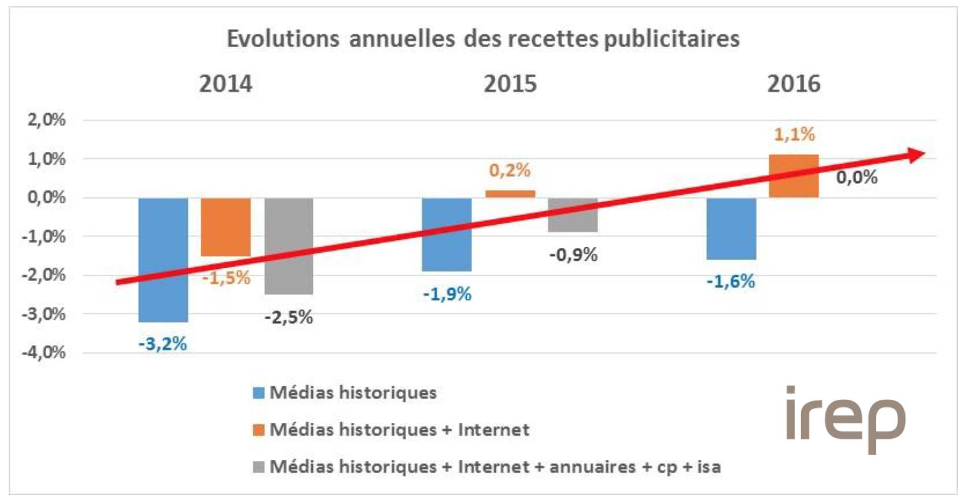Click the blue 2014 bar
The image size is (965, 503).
point(163,260)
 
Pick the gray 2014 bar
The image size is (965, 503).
point(289,246)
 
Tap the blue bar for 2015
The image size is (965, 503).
point(447,234)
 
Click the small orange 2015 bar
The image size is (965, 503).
point(510,194)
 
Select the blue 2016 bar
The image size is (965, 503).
point(731,229)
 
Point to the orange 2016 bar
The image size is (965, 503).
point(794,176)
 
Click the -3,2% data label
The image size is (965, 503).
point(163,344)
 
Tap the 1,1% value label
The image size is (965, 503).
point(794,135)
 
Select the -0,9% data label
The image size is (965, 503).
point(573,255)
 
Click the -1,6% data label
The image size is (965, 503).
point(731,281)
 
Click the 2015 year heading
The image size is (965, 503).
point(510,84)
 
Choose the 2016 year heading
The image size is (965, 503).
point(794,84)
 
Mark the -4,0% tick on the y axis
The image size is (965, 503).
point(44,353)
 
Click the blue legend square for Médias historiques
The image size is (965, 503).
point(259,393)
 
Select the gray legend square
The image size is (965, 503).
point(259,467)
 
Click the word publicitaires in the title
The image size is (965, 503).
point(671,39)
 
